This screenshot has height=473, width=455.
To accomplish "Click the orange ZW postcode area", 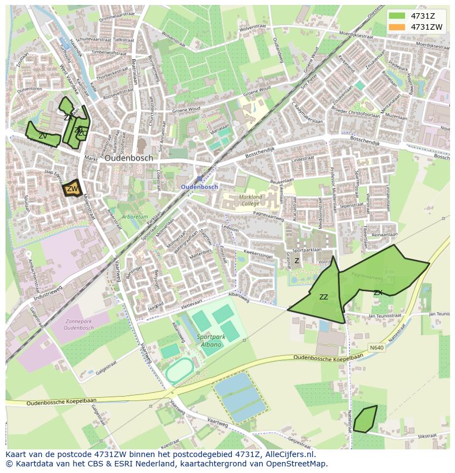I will pos(73,188).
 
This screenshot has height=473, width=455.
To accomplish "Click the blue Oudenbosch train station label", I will pos(199,187).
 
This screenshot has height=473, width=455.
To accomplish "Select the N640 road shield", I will pos(376,348).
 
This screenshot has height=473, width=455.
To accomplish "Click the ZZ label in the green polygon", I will pos(324,297).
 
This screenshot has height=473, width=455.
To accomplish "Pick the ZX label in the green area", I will pos(378,292).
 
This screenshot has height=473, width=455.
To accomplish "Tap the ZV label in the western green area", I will pos(42,136).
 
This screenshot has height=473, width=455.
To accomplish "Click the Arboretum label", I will pos(135,217).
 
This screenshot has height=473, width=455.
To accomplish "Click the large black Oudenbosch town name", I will pos(129,158).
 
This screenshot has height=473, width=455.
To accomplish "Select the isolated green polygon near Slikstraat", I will pos(365,419).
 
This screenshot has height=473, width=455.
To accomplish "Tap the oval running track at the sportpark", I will pos(179,372).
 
